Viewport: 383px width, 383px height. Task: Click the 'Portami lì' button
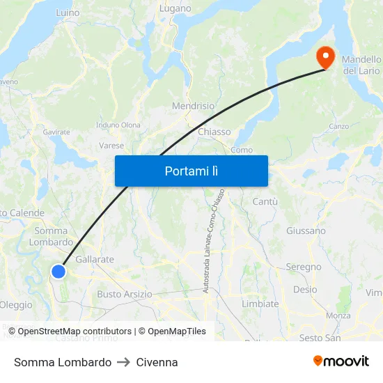(x=191, y=171)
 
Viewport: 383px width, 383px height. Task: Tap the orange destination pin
(x=325, y=56)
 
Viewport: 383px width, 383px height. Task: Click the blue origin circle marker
(x=59, y=272)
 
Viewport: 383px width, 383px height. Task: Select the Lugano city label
(x=175, y=9)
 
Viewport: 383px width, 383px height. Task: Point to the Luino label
(x=68, y=13)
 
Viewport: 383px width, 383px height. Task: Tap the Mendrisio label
(x=193, y=107)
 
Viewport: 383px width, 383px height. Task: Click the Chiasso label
(x=214, y=132)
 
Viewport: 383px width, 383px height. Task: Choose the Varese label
(x=111, y=146)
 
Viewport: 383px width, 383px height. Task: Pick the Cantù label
(x=265, y=201)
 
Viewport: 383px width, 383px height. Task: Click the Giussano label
(x=306, y=230)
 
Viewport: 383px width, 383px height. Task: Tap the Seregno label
(x=304, y=267)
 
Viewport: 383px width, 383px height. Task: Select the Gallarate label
(x=94, y=259)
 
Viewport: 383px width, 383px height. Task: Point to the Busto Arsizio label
(x=125, y=294)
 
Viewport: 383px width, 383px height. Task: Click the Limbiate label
(x=260, y=304)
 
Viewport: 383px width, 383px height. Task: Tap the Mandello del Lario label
(x=361, y=65)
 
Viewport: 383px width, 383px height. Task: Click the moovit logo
(x=341, y=361)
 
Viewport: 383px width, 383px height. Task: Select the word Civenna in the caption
(x=157, y=362)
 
